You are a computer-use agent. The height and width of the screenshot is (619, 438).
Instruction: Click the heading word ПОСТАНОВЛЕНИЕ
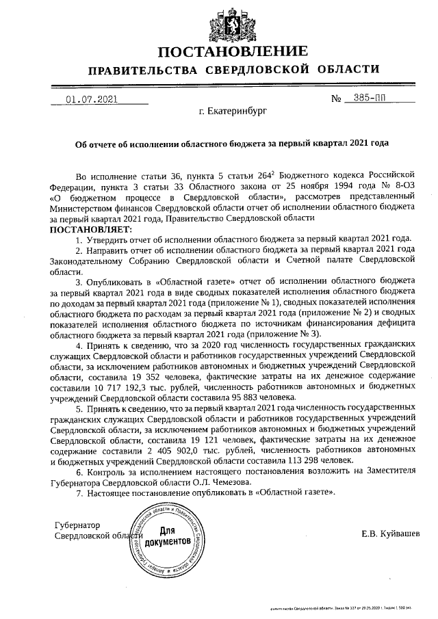(x=233, y=52)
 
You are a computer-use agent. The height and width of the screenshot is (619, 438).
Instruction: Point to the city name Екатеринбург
(x=232, y=110)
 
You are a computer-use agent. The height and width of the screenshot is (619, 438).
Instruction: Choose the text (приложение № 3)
(x=282, y=334)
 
